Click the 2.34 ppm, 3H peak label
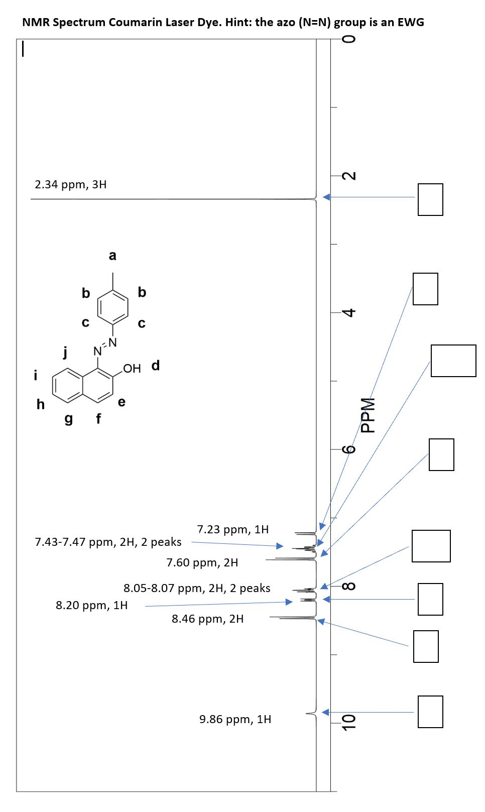pos(70,184)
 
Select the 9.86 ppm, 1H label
pos(235,719)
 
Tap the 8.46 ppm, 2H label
pos(207,619)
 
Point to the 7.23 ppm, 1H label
pos(232,529)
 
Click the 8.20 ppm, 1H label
pos(91,605)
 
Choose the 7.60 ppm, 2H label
pos(202,562)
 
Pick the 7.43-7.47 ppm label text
pos(108,542)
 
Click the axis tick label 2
pos(350,176)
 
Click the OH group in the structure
pos(132,369)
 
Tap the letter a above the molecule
pos(112,256)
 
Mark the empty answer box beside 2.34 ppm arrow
pos(430,199)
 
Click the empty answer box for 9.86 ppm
pos(430,712)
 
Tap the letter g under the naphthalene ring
pos(69,418)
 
